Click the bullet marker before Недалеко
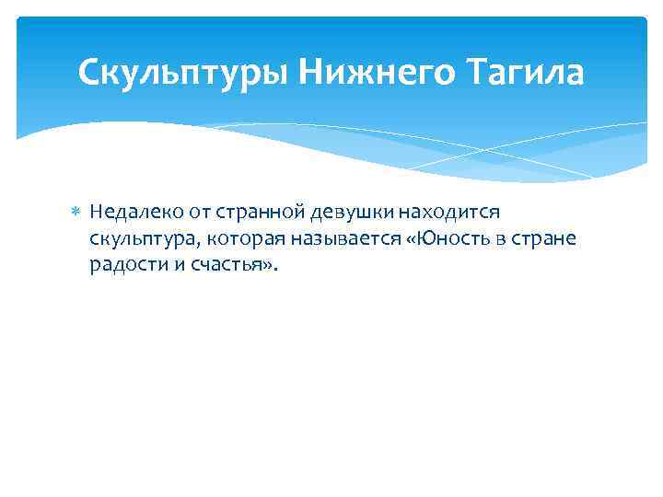[77, 214]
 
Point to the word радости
[123, 265]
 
